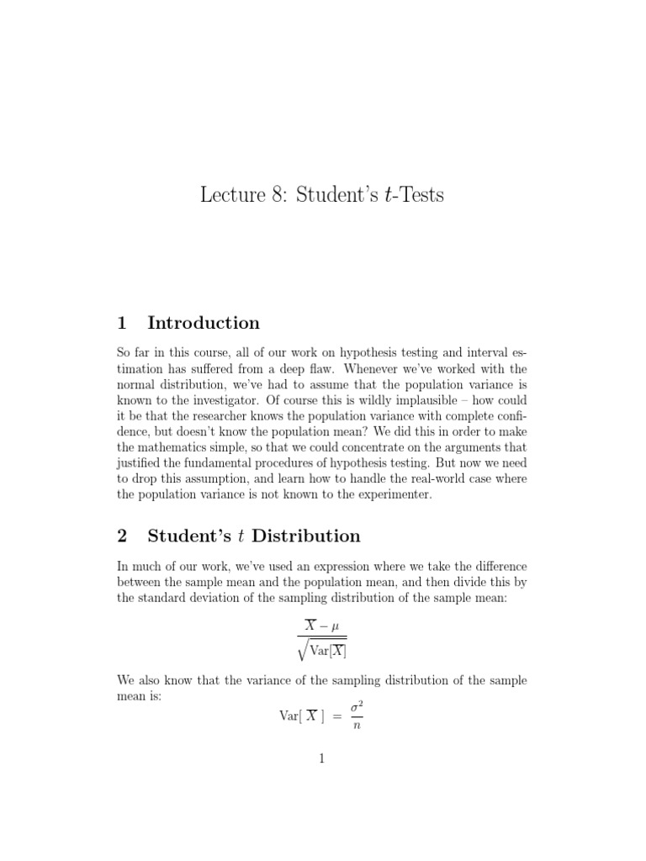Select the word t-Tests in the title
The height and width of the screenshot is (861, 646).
413,196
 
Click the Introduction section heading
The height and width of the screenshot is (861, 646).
203,323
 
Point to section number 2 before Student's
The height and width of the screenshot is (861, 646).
122,536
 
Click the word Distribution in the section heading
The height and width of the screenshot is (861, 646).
306,536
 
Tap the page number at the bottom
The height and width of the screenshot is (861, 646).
322,758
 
